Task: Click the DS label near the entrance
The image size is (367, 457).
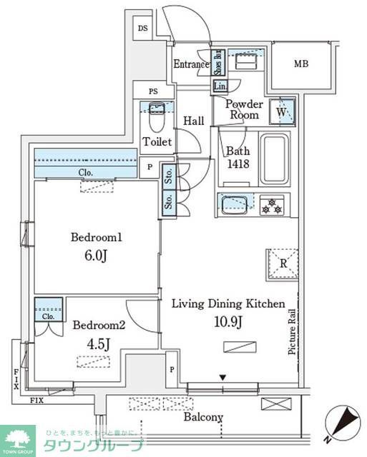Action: click(143, 29)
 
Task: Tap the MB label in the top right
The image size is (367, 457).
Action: click(301, 64)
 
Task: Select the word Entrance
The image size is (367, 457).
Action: click(191, 64)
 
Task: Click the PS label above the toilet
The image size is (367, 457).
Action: click(153, 91)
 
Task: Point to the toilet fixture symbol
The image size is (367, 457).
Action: click(156, 116)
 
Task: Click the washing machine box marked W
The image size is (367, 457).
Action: click(281, 112)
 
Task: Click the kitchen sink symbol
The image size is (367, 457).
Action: click(234, 205)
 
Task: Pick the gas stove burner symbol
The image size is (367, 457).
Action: click(271, 206)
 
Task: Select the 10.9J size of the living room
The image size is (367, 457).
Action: click(228, 321)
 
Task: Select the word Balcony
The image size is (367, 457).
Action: click(203, 418)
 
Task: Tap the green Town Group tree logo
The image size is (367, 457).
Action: click(19, 439)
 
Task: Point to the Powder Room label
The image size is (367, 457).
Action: click(244, 109)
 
